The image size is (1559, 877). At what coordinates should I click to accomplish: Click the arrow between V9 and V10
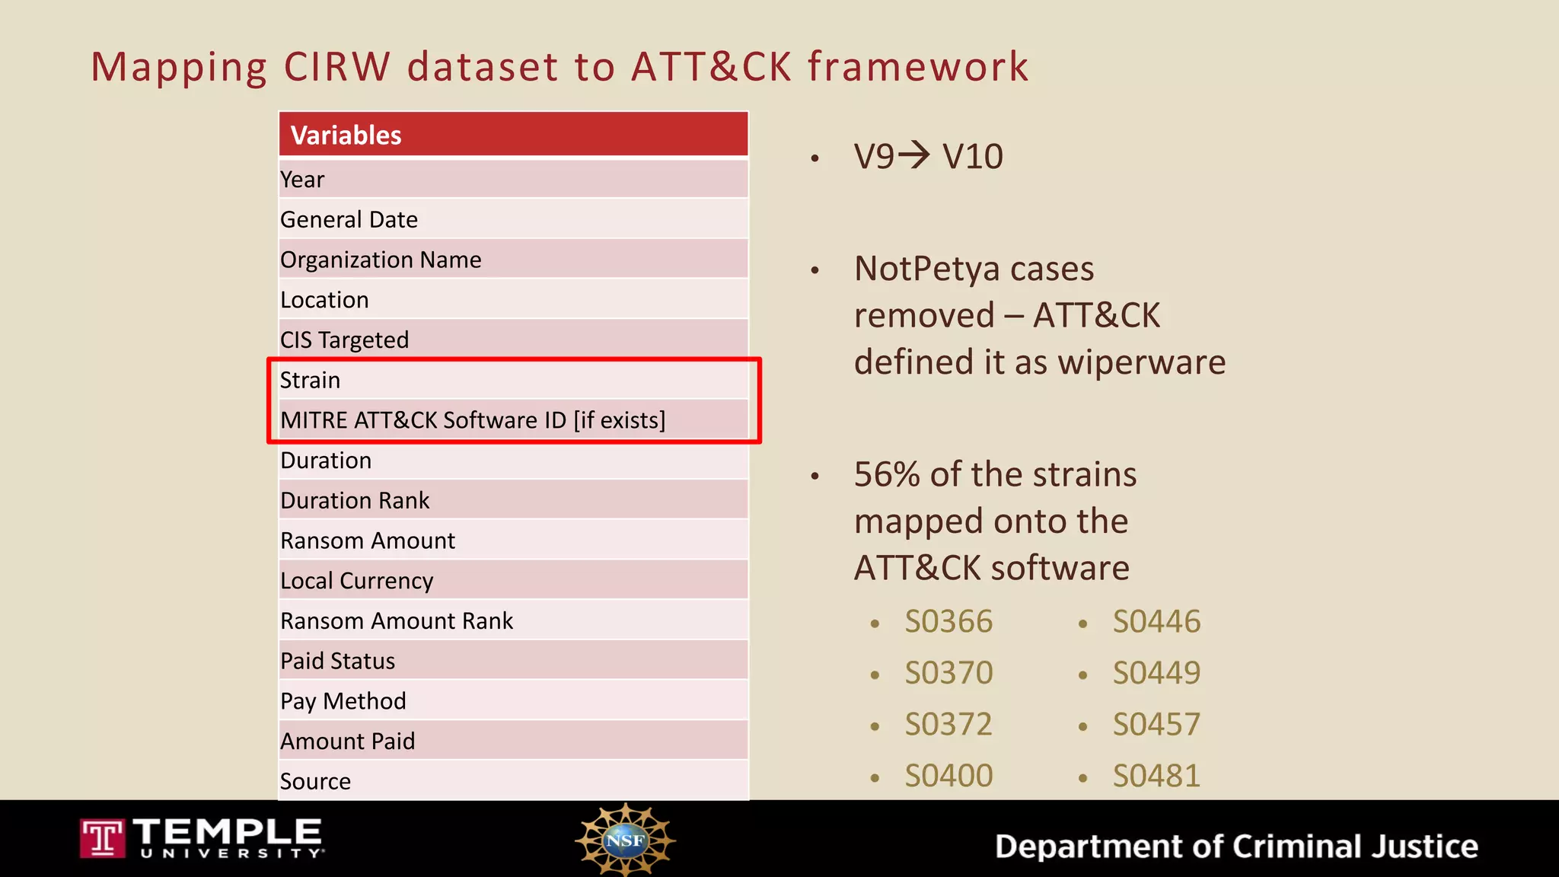coord(913,155)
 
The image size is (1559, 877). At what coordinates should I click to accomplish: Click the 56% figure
coord(888,474)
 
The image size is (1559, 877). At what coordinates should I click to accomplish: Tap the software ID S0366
coord(948,622)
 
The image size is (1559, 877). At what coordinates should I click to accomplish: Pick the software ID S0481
coord(1156,776)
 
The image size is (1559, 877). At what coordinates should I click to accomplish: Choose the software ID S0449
coord(1156,673)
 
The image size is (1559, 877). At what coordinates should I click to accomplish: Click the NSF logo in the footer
coord(625,840)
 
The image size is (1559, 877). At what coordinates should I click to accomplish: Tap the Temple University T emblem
coord(102,838)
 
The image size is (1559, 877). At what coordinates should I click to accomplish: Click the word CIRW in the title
coord(336,66)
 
